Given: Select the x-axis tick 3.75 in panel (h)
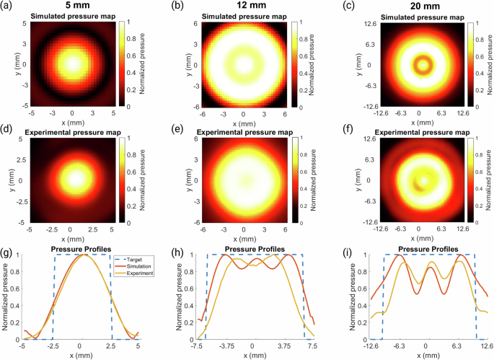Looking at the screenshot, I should (x=283, y=346).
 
